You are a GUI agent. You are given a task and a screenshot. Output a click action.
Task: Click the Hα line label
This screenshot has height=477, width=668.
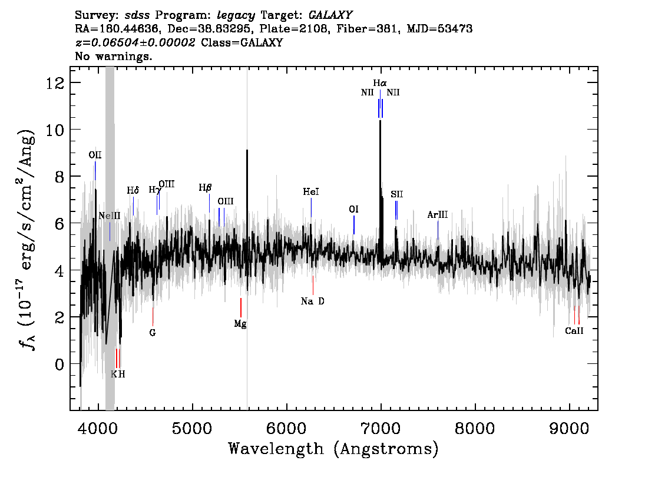coord(379,83)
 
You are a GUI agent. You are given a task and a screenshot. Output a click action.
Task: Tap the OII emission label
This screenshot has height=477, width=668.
coord(95,155)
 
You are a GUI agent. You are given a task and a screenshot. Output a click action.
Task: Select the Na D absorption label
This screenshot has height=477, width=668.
coord(312,302)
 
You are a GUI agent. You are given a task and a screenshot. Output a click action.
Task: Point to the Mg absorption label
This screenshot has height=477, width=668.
coord(240,324)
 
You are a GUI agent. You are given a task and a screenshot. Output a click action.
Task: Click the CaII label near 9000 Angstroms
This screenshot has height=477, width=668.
coord(574,331)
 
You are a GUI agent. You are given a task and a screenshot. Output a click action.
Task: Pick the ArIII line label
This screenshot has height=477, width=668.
coord(438,214)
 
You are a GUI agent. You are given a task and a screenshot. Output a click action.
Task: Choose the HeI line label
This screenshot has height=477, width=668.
coord(311,192)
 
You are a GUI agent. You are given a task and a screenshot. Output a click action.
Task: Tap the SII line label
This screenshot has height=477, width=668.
coord(396,195)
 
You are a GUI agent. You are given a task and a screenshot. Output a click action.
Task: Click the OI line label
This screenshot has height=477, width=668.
coord(353,210)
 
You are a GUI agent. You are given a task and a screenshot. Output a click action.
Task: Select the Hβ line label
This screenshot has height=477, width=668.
coord(206,188)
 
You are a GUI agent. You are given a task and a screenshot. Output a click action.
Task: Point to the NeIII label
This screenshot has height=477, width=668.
coord(110,216)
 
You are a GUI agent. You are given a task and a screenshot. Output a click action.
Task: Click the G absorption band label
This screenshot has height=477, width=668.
coord(153,333)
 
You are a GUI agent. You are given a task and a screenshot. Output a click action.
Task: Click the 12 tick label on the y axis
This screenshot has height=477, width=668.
coord(55,82)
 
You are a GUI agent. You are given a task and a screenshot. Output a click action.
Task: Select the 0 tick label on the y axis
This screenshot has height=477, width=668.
coord(59,364)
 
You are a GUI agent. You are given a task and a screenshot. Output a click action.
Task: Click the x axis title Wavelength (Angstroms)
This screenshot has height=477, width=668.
coord(333,449)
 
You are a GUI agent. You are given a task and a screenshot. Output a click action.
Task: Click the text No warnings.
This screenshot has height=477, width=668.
coord(113,56)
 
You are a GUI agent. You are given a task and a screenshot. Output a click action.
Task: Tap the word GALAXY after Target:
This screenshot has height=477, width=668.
coord(330,15)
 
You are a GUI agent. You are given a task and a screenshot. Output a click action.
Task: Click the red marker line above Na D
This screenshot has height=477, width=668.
coord(313,286)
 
